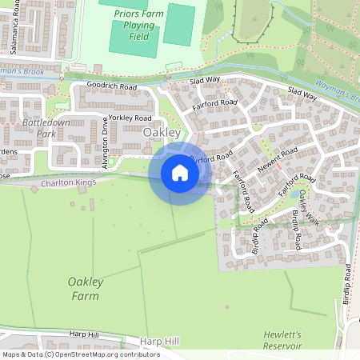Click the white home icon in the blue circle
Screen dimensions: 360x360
[179, 173]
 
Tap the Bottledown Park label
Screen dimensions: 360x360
[40, 128]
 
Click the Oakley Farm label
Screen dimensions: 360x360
[83, 289]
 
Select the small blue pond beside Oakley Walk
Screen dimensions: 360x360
[299, 193]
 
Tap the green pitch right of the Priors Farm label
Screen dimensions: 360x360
[179, 25]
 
